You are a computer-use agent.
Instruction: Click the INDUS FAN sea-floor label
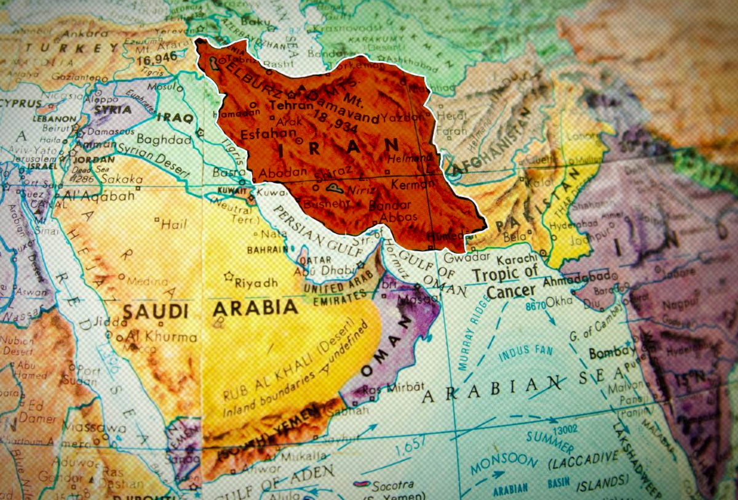pos(522,355)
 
